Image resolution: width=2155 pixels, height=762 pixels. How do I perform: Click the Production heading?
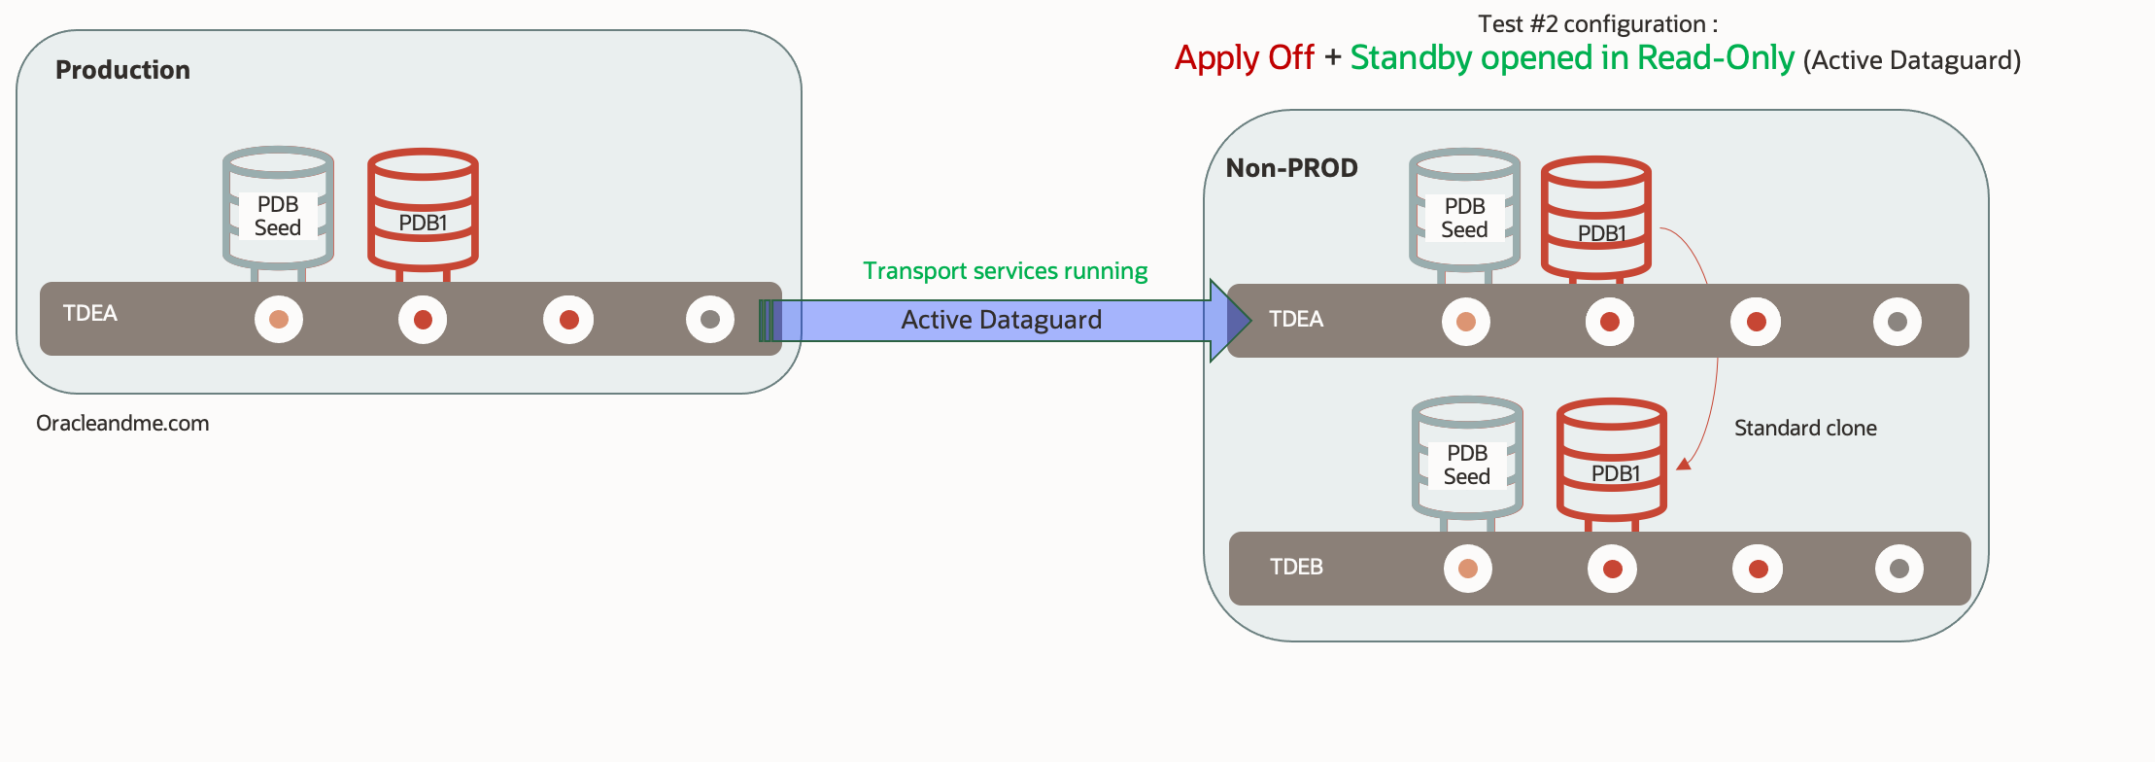click(x=122, y=70)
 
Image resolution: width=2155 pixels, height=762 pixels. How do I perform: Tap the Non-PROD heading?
click(x=1291, y=168)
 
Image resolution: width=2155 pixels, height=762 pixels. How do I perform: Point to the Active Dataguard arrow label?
click(x=1001, y=320)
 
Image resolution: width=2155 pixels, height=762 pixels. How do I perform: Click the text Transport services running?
click(x=1005, y=271)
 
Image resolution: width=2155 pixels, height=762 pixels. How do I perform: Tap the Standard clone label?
click(x=1805, y=428)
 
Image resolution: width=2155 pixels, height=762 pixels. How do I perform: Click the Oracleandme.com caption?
click(x=122, y=424)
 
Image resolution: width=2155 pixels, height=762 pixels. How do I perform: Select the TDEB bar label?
click(x=1296, y=567)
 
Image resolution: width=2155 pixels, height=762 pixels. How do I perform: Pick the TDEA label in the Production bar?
click(x=89, y=313)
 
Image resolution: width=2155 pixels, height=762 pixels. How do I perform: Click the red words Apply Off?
click(x=1244, y=58)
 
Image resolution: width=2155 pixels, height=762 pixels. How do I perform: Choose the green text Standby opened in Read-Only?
click(x=1571, y=58)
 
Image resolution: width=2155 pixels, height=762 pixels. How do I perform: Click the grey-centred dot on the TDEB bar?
click(x=1898, y=569)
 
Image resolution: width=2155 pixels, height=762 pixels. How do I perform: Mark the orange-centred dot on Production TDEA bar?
click(x=279, y=320)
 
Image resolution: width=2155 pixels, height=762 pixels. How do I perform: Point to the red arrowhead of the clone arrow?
click(x=1685, y=464)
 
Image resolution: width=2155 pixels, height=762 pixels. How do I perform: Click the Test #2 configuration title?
click(x=1597, y=23)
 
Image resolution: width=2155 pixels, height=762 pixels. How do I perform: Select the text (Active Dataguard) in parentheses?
click(x=1911, y=61)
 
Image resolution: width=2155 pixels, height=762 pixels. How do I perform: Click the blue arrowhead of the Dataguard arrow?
click(x=1230, y=321)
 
